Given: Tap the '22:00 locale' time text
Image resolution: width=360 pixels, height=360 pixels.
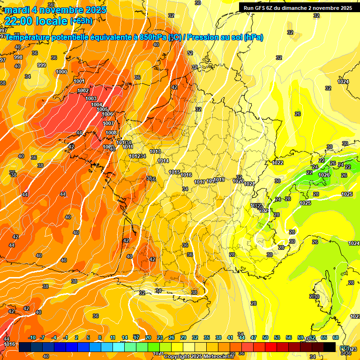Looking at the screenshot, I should [36, 21].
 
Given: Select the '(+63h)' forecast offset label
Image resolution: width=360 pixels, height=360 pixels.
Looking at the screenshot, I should [81, 21].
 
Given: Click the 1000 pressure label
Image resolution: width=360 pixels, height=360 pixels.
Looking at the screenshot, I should [61, 72].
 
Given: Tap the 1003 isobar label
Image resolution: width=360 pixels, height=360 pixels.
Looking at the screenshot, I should [91, 98].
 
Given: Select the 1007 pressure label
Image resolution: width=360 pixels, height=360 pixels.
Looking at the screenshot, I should [108, 123].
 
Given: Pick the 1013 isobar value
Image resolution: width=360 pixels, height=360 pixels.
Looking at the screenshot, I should [156, 151].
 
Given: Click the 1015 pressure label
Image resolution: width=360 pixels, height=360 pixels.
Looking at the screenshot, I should [174, 172].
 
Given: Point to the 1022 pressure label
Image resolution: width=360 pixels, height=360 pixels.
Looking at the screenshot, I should [277, 163].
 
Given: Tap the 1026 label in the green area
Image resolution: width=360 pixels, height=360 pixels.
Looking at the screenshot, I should [324, 175].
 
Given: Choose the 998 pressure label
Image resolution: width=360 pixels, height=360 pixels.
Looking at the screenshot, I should [18, 57].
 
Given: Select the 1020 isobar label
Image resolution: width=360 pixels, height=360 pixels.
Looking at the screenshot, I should [238, 181].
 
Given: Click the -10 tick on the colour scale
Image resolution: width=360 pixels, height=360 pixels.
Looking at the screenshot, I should [32, 337].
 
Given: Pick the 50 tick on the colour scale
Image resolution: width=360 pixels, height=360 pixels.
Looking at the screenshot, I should [265, 337].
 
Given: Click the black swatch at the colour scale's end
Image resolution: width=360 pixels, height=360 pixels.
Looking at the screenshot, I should [330, 347].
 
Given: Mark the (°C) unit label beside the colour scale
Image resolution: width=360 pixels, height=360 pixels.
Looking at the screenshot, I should [345, 347].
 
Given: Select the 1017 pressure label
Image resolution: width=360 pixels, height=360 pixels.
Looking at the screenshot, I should [199, 182].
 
